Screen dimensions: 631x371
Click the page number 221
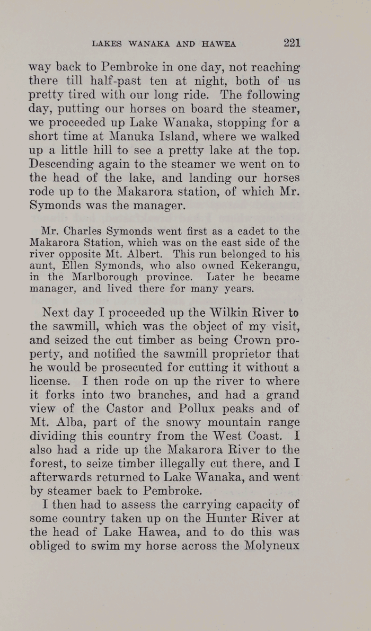(291, 43)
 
